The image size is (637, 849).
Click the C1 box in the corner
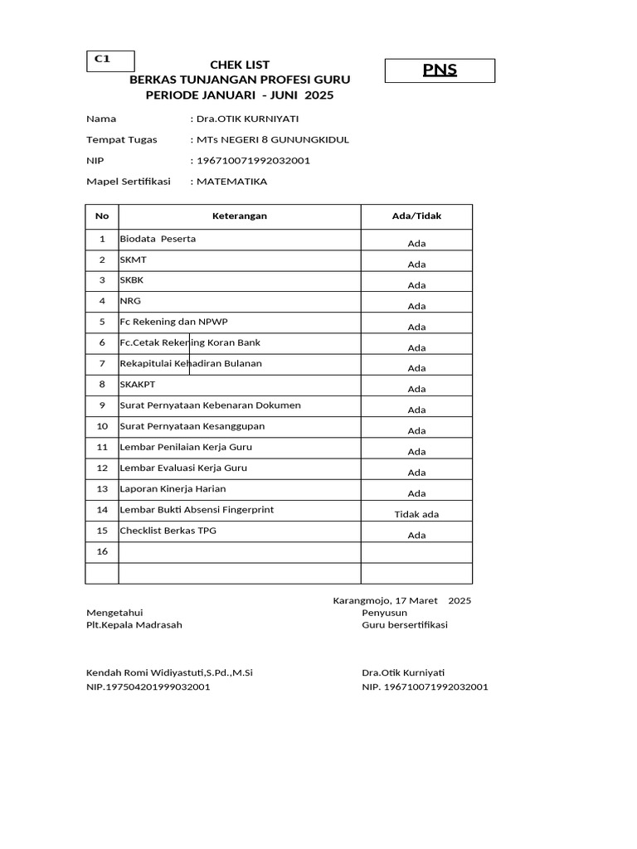click(x=110, y=61)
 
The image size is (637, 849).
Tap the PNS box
click(x=440, y=70)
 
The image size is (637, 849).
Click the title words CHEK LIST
click(x=240, y=65)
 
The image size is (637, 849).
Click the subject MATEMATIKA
click(x=231, y=182)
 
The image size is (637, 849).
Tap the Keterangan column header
click(x=240, y=216)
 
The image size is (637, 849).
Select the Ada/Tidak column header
click(x=416, y=216)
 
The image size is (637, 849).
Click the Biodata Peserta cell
click(x=158, y=239)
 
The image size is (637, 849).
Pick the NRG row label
click(x=131, y=301)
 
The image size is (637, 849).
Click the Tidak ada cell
click(x=416, y=514)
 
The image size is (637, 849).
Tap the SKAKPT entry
click(x=137, y=385)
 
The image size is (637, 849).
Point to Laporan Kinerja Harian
click(x=173, y=489)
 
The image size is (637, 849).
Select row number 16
click(x=102, y=551)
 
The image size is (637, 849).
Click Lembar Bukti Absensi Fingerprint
click(x=197, y=510)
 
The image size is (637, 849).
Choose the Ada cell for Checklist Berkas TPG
click(x=416, y=535)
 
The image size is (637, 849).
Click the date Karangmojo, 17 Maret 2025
click(x=401, y=600)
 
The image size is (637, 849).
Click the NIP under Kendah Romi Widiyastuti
click(x=148, y=687)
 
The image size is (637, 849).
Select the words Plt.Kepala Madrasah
click(x=134, y=625)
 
